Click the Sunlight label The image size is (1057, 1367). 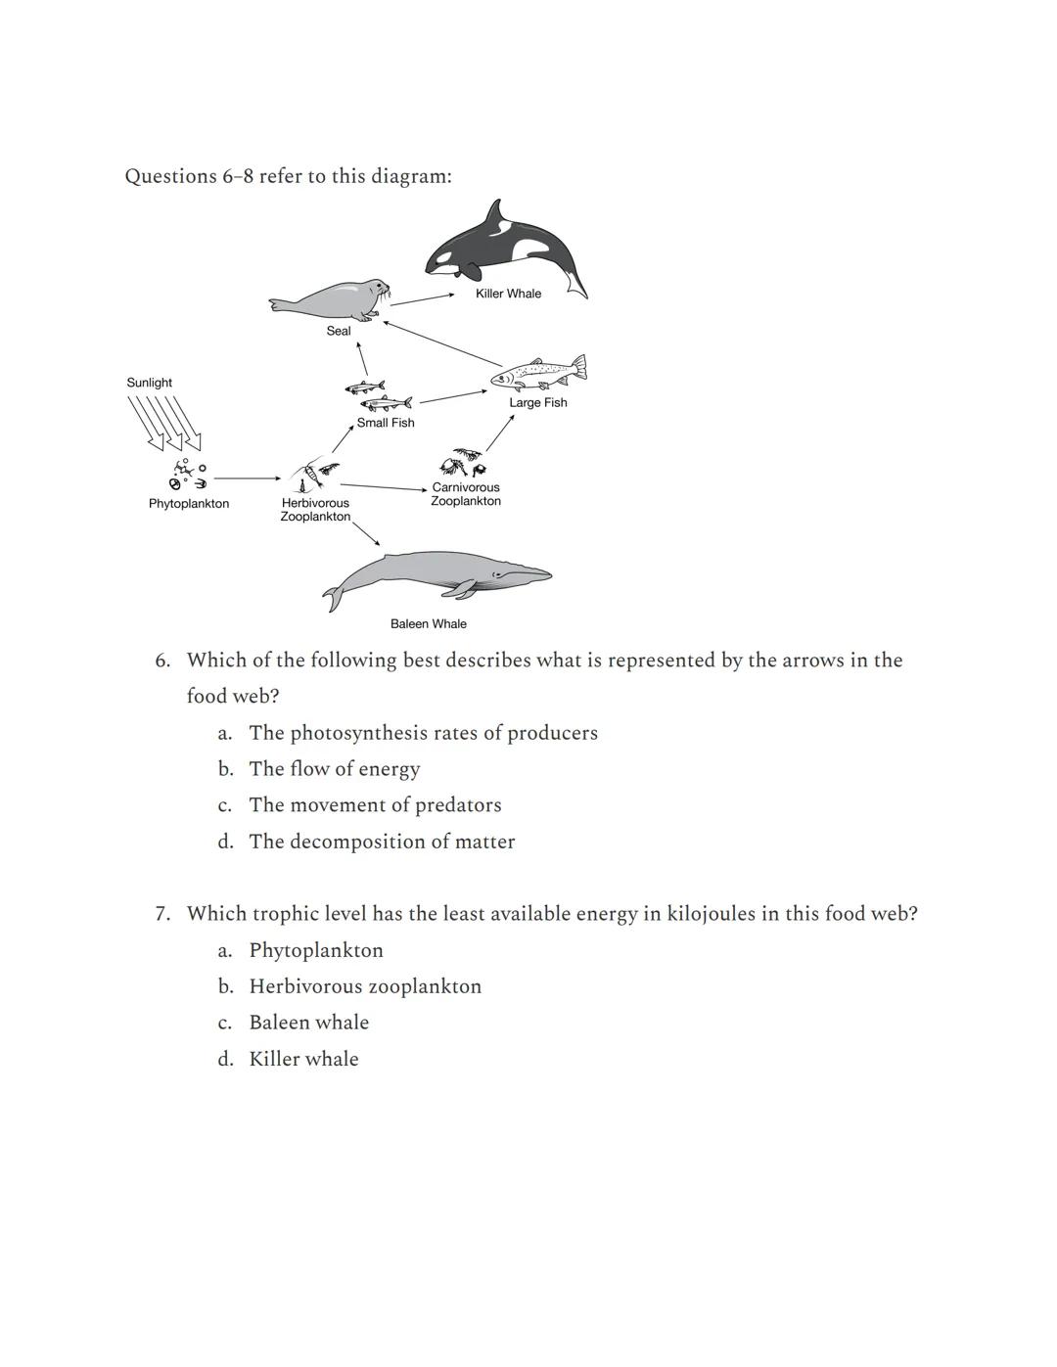[x=149, y=383]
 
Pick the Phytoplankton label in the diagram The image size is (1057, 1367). [x=189, y=504]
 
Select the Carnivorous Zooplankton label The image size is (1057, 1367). [x=466, y=494]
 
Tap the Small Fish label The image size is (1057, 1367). [x=386, y=423]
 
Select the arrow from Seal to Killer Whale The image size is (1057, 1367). [x=422, y=298]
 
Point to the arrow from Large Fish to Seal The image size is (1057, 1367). [x=441, y=343]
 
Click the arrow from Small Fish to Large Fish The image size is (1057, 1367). [x=452, y=396]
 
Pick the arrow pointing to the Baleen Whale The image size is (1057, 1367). [x=366, y=532]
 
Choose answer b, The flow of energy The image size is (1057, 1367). [x=334, y=769]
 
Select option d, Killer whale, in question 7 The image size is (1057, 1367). [x=303, y=1059]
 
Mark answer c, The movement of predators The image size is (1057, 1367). [x=375, y=805]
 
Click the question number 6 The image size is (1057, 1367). [x=162, y=661]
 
